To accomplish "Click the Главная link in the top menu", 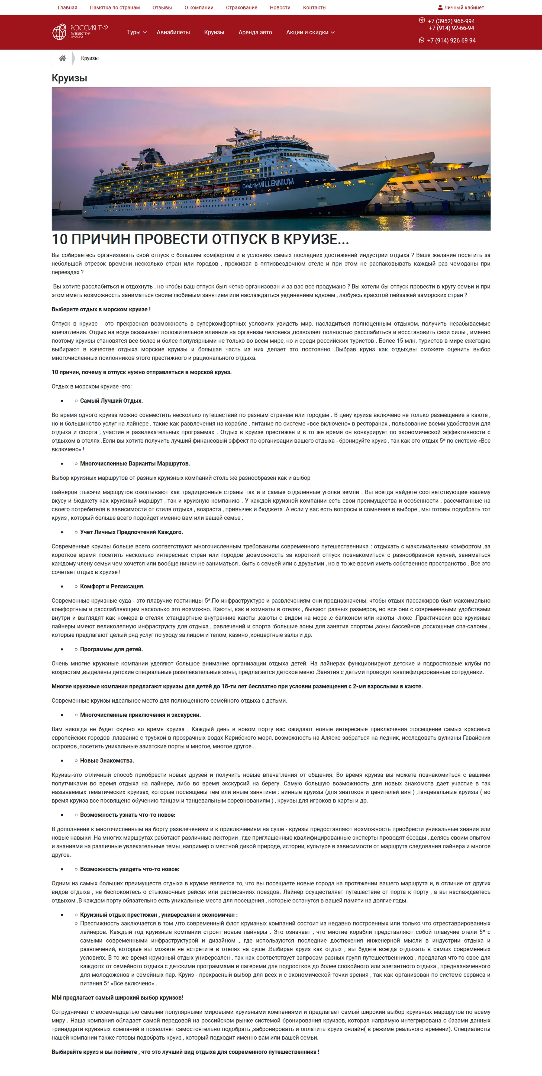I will pyautogui.click(x=67, y=8).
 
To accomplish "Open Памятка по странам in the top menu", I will pyautogui.click(x=115, y=8).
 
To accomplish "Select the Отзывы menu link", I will pyautogui.click(x=162, y=8).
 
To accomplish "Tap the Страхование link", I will pyautogui.click(x=241, y=8).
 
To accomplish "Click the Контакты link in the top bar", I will pyautogui.click(x=314, y=8).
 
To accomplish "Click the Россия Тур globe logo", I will pyautogui.click(x=59, y=32).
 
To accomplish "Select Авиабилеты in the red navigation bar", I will pyautogui.click(x=173, y=32).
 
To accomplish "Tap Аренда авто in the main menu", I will pyautogui.click(x=255, y=32).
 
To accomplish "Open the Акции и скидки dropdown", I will pyautogui.click(x=310, y=32).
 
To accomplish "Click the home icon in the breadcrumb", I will pyautogui.click(x=63, y=58).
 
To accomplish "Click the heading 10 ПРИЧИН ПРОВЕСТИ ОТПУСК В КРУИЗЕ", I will pyautogui.click(x=200, y=239).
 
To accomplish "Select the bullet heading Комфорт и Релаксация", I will pyautogui.click(x=112, y=587).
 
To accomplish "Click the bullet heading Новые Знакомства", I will pyautogui.click(x=107, y=761).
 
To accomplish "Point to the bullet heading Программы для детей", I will pyautogui.click(x=111, y=649).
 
